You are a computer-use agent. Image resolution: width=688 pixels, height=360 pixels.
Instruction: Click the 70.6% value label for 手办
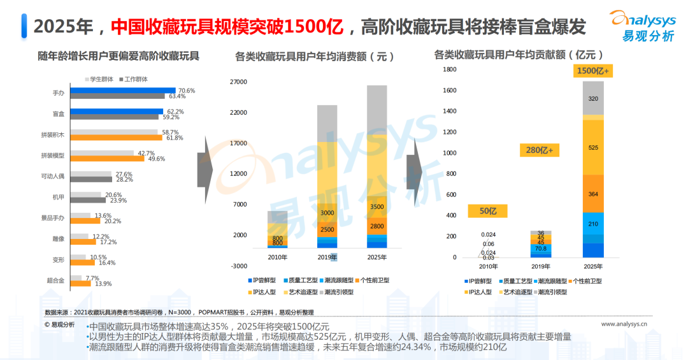[187, 90]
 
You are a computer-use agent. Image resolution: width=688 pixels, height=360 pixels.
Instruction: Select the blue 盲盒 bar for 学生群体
[118, 112]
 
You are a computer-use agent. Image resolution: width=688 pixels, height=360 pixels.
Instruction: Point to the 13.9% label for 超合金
[103, 284]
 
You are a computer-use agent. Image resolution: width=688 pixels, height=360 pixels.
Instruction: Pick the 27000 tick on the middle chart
[238, 82]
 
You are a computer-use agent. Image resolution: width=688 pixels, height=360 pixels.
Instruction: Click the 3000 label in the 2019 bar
[327, 213]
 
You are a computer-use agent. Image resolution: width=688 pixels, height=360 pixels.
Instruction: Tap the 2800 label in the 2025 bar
[376, 226]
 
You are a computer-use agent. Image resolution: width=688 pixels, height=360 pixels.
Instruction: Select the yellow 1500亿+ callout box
[593, 71]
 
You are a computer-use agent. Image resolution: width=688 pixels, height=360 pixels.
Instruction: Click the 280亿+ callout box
[540, 150]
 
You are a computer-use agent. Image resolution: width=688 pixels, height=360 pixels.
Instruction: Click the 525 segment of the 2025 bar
[593, 148]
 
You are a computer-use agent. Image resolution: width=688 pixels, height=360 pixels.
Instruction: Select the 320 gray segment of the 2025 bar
[593, 99]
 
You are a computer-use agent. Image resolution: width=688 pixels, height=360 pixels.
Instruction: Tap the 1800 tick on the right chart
[449, 69]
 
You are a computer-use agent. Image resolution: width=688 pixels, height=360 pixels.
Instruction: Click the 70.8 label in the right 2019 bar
[541, 248]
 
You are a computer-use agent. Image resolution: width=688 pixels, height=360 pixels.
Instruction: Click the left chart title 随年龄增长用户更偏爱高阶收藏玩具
[118, 56]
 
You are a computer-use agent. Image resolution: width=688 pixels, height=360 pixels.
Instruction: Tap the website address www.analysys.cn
[624, 324]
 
